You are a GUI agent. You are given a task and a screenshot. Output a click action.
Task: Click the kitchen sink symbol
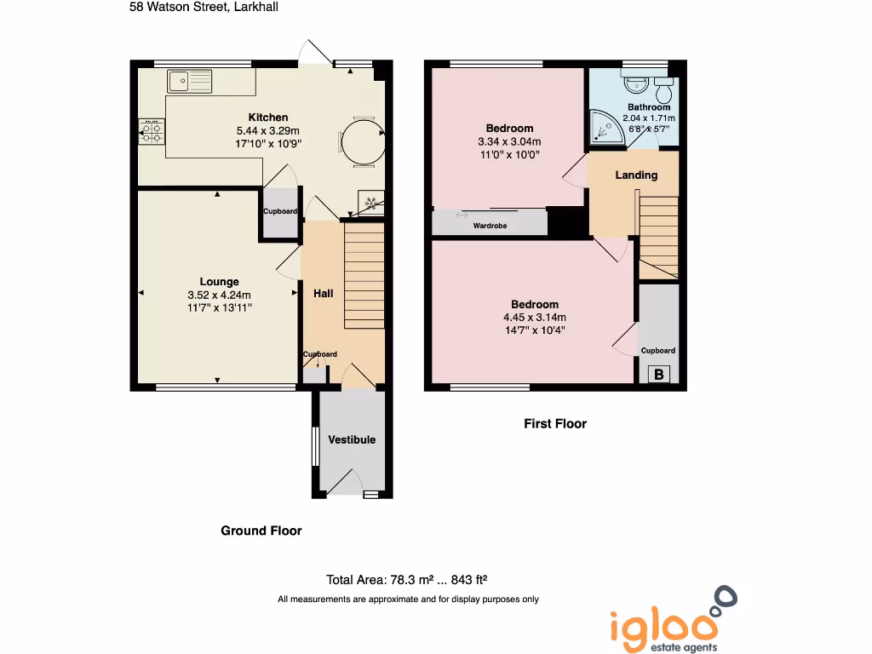[x=190, y=81]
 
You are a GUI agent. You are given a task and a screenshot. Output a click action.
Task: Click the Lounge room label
[x=219, y=282]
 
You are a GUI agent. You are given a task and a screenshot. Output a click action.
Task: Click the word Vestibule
[x=352, y=439]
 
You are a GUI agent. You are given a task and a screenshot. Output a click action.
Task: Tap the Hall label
[x=324, y=293]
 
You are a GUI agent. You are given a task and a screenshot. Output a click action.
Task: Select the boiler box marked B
[x=658, y=374]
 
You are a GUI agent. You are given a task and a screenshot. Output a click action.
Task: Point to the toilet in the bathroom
[x=664, y=89]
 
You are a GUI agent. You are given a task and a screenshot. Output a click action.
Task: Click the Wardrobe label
[x=490, y=226]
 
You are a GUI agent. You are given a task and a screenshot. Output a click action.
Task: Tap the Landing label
[x=636, y=175]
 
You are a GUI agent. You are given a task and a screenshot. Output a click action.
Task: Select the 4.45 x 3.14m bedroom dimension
[x=535, y=318]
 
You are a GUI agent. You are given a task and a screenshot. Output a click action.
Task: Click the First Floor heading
[x=554, y=423]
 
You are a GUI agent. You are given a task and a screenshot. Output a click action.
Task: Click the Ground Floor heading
[x=261, y=531]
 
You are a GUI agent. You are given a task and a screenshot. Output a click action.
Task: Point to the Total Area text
[x=407, y=580]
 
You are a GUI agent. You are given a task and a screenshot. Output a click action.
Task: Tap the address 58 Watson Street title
[x=204, y=7]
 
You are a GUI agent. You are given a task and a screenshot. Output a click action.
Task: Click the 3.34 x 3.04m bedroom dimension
[x=509, y=142]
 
